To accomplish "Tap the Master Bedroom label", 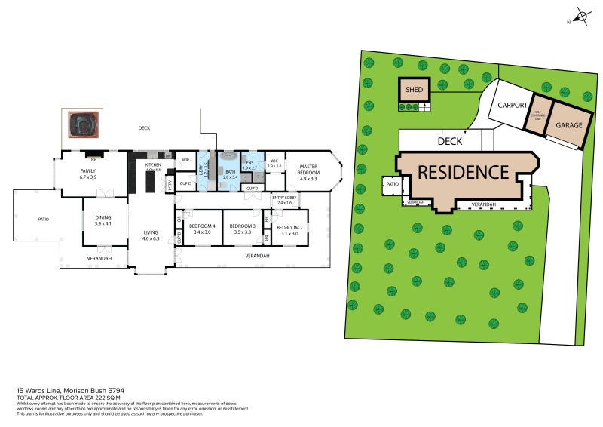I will pos(308,173).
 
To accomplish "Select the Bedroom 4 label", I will pos(202,229).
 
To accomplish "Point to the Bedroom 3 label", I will pos(243,229).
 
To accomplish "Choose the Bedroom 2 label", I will pos(289,231).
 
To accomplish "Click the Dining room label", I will pos(103,220).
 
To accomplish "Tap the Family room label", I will pos(88,174).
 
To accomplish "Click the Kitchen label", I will pos(154,167).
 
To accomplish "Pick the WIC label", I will pos(274,163).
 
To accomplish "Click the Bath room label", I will pos(231,174).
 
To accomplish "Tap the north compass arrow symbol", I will pos(580,16).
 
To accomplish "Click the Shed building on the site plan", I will pos(414,90).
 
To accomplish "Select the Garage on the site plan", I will pos(569,124).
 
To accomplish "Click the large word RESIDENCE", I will pos(464,172).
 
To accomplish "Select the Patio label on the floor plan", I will pos(43,220).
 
